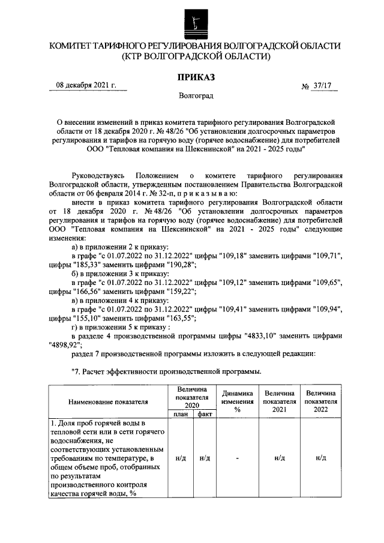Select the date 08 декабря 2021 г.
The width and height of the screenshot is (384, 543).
pos(86,85)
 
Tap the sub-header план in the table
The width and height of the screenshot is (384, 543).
pos(180,414)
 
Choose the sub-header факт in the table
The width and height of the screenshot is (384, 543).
pos(204,414)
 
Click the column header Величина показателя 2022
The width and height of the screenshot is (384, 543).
pos(320,401)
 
